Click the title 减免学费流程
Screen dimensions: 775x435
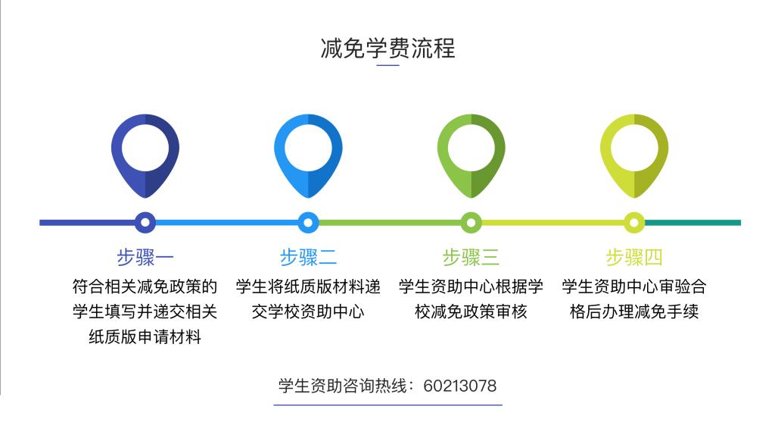click(x=387, y=49)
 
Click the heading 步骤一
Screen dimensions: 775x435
click(x=145, y=258)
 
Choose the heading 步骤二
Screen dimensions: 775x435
click(x=308, y=258)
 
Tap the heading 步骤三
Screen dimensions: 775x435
click(x=471, y=258)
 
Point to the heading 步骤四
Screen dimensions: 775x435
click(x=634, y=258)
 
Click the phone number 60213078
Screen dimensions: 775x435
click(x=459, y=386)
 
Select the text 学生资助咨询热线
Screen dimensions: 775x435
click(x=343, y=386)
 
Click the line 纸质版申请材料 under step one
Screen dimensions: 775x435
click(x=145, y=337)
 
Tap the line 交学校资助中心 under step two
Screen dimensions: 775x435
click(x=308, y=311)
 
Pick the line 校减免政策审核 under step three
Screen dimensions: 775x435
click(x=471, y=311)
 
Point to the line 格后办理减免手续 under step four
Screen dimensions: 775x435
click(x=634, y=311)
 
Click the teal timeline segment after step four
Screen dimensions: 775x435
click(x=693, y=223)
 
